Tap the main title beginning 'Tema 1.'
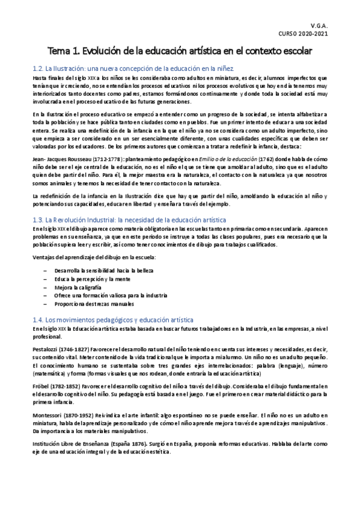[180, 52]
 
